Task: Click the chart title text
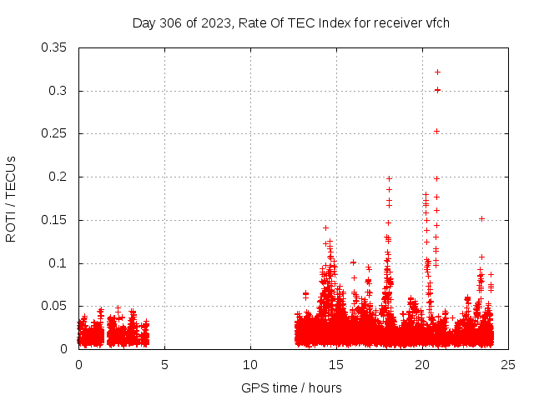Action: click(291, 22)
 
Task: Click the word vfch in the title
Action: click(436, 22)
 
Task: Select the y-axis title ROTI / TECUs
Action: click(11, 198)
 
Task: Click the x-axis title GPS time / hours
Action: click(291, 387)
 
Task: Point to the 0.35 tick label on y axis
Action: click(56, 47)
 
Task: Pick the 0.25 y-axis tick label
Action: click(56, 133)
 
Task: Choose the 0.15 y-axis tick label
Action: click(56, 220)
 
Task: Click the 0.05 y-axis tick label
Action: click(56, 306)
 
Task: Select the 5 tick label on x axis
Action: click(164, 364)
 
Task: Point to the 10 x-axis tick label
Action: click(250, 364)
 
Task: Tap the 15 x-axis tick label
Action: click(336, 364)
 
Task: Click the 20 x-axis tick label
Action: click(422, 364)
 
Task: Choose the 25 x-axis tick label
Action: click(508, 364)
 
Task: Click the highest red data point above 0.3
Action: click(437, 72)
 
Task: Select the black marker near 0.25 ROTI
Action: click(436, 131)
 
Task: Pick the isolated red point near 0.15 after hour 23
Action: click(481, 218)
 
